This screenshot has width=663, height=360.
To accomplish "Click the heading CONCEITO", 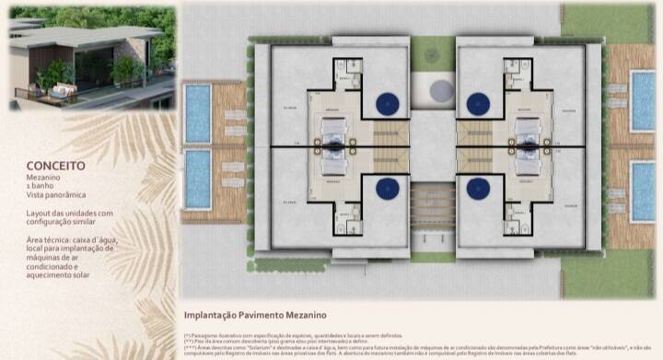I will click(x=56, y=166).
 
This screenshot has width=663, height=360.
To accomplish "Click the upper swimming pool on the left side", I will click(x=198, y=112).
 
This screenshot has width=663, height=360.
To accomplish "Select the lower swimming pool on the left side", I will click(x=198, y=179).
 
